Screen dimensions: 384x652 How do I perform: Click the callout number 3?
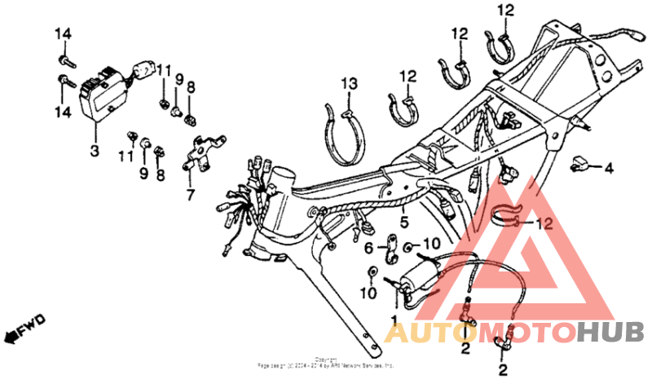[x=95, y=151]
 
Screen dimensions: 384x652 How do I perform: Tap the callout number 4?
[x=607, y=169]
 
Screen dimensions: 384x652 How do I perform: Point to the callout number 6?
[x=368, y=247]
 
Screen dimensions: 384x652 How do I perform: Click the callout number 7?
[x=190, y=196]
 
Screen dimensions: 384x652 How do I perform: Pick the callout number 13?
[x=349, y=84]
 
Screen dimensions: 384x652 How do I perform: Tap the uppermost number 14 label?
[x=64, y=33]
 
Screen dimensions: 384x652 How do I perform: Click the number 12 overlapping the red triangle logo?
[x=543, y=223]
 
